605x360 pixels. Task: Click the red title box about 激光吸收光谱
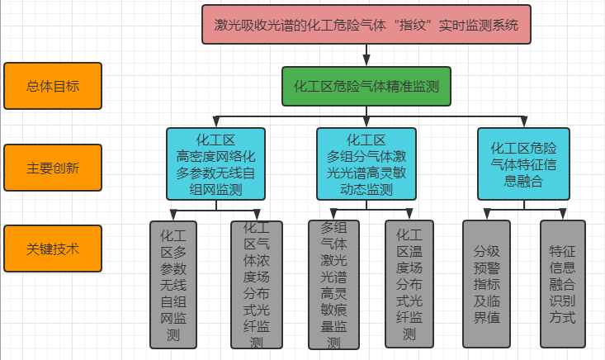coord(367,25)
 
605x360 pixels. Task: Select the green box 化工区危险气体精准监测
coord(366,86)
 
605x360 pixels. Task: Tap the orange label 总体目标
coord(53,86)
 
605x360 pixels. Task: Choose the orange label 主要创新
coord(53,168)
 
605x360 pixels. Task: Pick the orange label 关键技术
coord(53,249)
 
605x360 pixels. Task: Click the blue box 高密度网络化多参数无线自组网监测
coord(215,164)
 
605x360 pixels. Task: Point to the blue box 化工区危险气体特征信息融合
coord(523,164)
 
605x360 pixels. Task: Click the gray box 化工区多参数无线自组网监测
coord(173,284)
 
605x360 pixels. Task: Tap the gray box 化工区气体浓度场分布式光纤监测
coord(254,284)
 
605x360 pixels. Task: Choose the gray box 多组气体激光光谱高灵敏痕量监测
coord(333,284)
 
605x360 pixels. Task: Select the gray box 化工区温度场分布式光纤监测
coord(409,284)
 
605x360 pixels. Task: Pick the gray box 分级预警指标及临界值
coord(486,284)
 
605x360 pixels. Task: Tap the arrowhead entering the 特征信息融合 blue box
coord(523,123)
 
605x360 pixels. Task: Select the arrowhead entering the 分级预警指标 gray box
coord(486,216)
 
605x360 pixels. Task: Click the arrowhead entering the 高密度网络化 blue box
coord(215,123)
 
